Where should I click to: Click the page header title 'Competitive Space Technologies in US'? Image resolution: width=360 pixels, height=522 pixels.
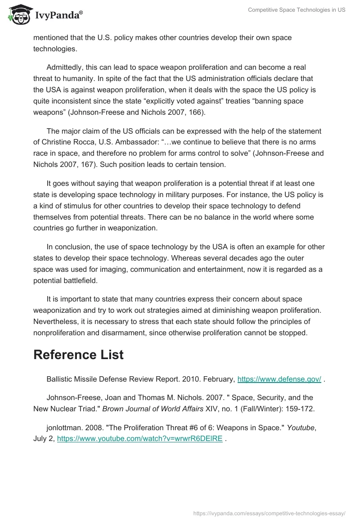pos(297,10)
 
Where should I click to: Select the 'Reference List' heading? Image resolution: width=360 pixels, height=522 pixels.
pos(78,355)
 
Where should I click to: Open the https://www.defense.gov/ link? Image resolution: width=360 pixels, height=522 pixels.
pos(279,379)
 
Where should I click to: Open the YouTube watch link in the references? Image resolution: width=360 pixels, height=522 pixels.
pos(139,439)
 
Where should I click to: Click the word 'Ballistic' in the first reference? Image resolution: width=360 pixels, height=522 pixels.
pos(59,379)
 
